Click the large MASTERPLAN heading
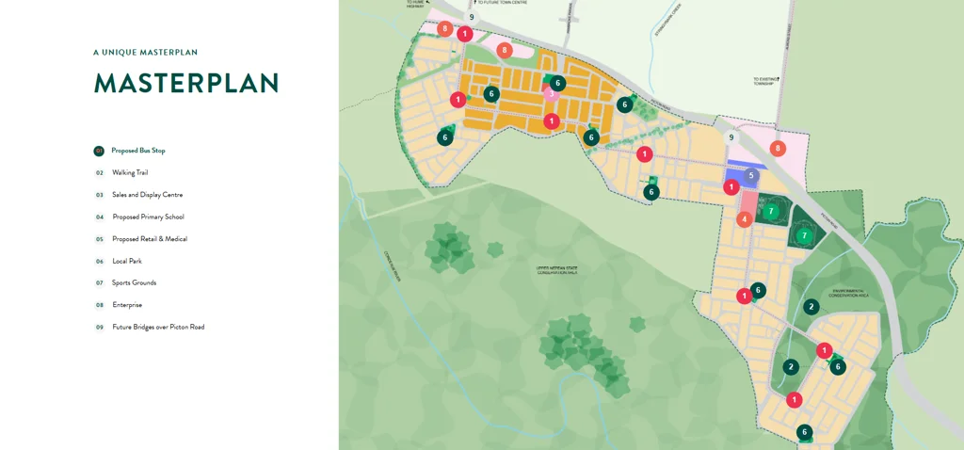[x=186, y=83]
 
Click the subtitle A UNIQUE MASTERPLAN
[x=145, y=53]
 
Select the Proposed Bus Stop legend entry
[x=137, y=151]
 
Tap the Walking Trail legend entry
[x=130, y=173]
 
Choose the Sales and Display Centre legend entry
[x=147, y=195]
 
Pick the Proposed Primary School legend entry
[x=147, y=217]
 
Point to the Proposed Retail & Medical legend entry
[x=150, y=239]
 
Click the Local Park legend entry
[x=127, y=262]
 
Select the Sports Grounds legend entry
[x=134, y=283]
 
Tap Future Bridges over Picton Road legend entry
[x=158, y=328]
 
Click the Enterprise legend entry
[x=127, y=305]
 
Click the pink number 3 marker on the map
[x=552, y=92]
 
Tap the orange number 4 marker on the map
[x=745, y=219]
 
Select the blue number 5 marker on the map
[x=750, y=175]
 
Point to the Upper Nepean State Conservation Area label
[x=557, y=270]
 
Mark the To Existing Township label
[x=763, y=82]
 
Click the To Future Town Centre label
[x=503, y=3]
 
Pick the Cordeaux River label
[x=394, y=266]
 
